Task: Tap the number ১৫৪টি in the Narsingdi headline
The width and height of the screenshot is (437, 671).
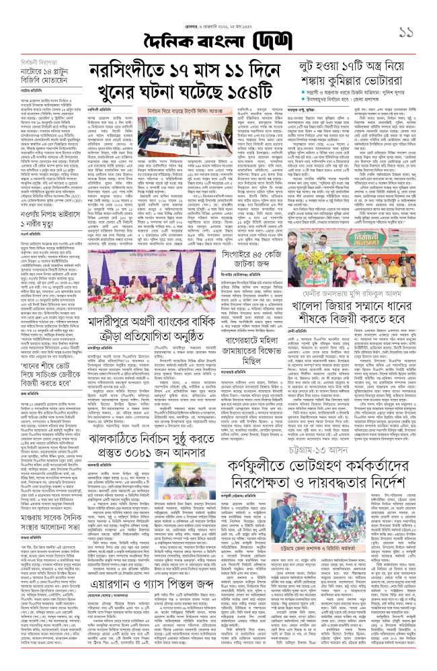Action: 251,91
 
